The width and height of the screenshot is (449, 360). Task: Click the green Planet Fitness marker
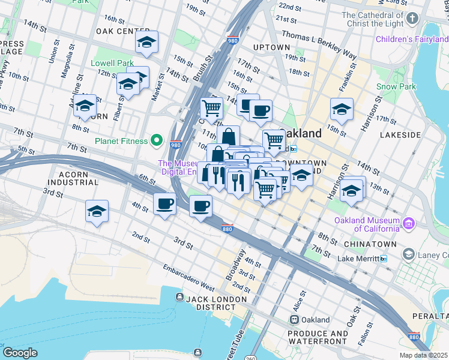click(157, 141)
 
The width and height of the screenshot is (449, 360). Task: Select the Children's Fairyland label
click(412, 40)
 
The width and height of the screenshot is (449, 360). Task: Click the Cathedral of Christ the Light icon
click(412, 19)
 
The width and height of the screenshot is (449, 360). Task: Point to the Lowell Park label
click(112, 63)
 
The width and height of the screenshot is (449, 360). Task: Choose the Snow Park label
click(396, 86)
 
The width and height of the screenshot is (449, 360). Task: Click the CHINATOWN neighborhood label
click(370, 244)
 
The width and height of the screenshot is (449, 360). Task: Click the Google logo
click(20, 352)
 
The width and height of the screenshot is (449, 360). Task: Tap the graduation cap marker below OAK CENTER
click(146, 43)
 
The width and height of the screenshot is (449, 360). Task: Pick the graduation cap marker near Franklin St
click(342, 110)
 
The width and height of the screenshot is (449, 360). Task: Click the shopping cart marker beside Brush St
click(211, 109)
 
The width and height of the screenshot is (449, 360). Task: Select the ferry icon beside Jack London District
click(179, 298)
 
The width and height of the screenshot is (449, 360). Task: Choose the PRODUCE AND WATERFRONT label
click(318, 338)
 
